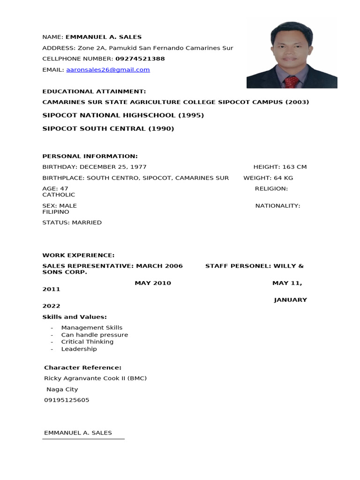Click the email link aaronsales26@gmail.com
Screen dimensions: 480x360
tap(108, 70)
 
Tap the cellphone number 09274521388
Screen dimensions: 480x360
tap(140, 59)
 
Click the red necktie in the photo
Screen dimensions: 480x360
tap(291, 81)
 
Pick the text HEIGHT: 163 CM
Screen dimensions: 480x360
tap(280, 167)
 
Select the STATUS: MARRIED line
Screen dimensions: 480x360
tap(72, 223)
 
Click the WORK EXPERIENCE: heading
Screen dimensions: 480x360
tap(78, 255)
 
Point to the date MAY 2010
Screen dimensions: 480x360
tap(153, 283)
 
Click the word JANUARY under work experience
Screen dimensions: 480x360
tap(291, 300)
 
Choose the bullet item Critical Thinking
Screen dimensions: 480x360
tap(87, 342)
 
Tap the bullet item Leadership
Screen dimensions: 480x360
tap(79, 349)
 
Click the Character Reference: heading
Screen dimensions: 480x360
tap(82, 368)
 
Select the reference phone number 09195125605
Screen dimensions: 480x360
tap(67, 400)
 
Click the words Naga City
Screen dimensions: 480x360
tap(62, 390)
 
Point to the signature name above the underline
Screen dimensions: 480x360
tap(78, 433)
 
